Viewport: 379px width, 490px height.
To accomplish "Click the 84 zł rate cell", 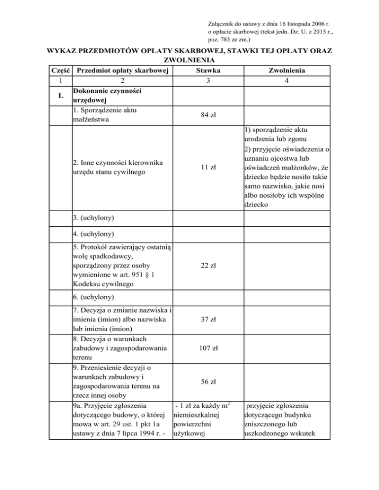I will [207, 115].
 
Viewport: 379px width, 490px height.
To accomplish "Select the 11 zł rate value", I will [207, 167].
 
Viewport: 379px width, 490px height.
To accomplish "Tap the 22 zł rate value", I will [207, 266].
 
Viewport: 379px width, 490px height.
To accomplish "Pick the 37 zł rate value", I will [207, 319].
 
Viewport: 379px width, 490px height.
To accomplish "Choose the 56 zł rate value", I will [207, 382].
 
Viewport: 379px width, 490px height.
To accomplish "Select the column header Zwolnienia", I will [286, 71].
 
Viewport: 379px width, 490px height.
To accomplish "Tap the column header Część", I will [59, 71].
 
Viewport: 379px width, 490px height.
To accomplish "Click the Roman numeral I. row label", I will [59, 95].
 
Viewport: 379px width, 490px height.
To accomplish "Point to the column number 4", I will [286, 81].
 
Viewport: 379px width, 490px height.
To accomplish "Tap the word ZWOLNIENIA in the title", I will [189, 61].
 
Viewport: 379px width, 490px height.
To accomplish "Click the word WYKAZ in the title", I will [63, 51].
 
